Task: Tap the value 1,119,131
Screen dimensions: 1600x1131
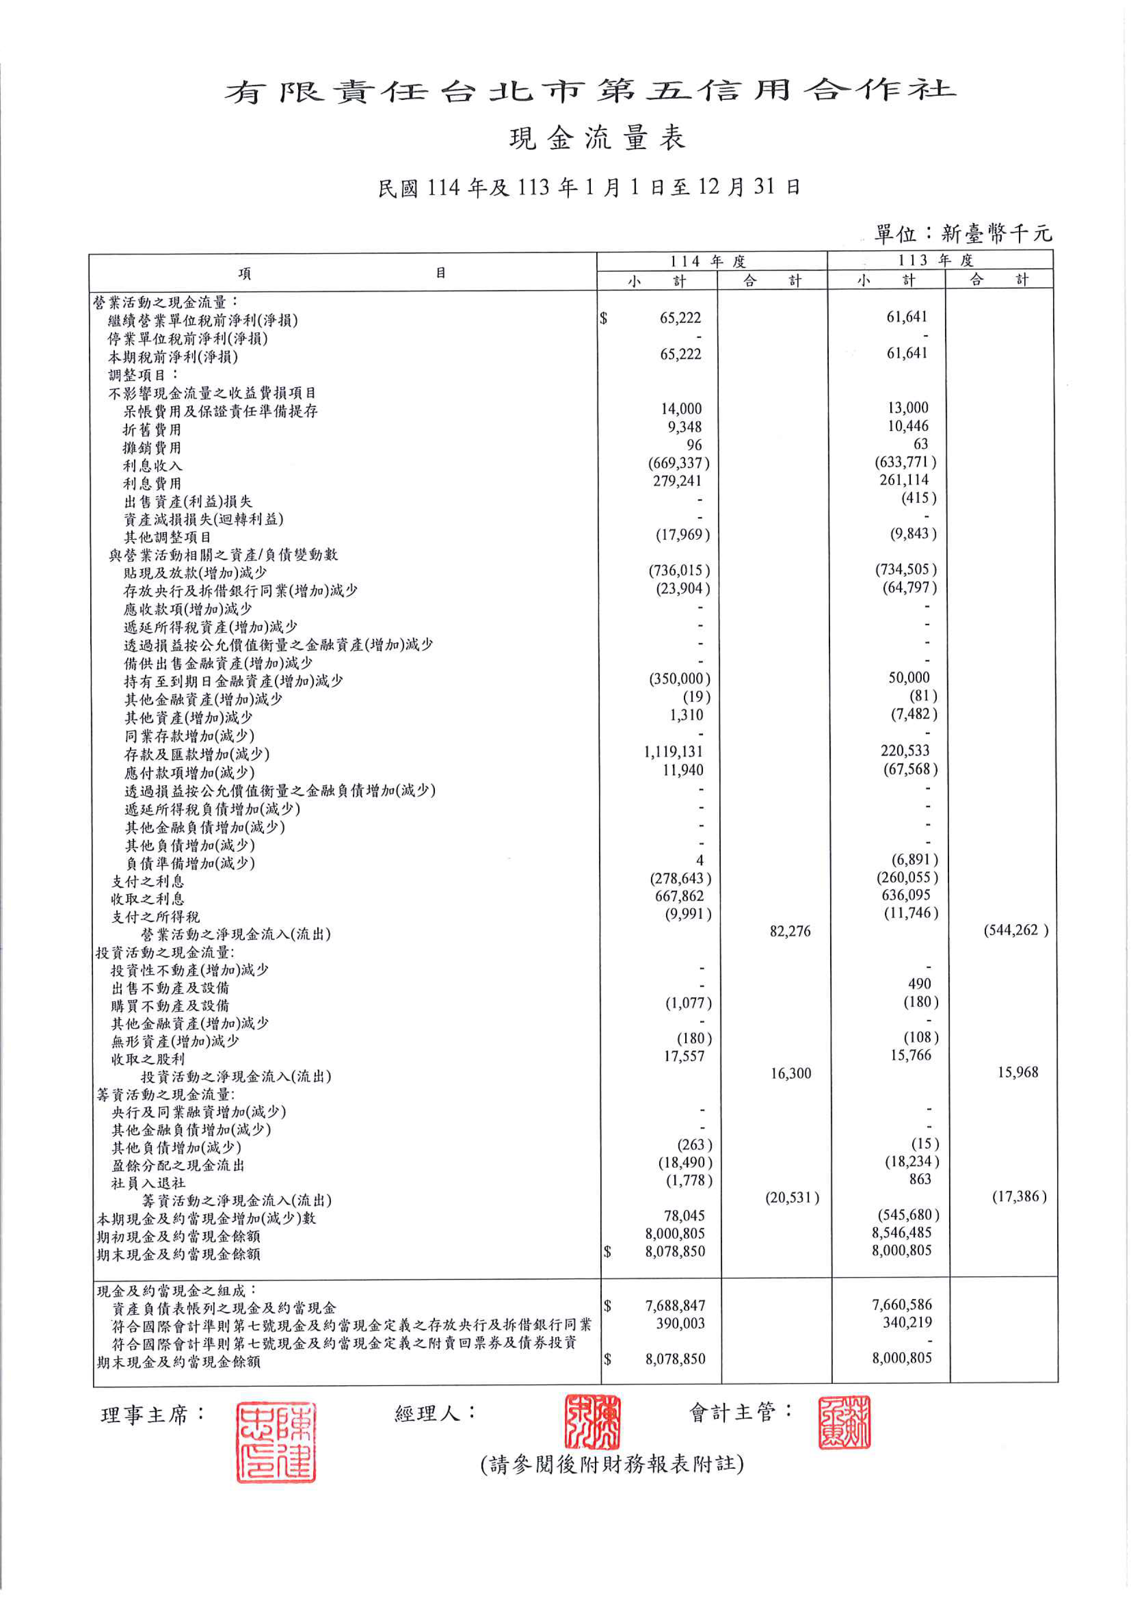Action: [x=673, y=752]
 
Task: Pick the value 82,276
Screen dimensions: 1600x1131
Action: [x=790, y=931]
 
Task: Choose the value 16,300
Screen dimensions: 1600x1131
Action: [x=790, y=1073]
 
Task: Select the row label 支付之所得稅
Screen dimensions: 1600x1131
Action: [x=155, y=917]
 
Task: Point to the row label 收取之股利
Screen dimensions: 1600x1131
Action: [x=148, y=1059]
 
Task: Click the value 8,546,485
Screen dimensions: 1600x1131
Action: [x=901, y=1233]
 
